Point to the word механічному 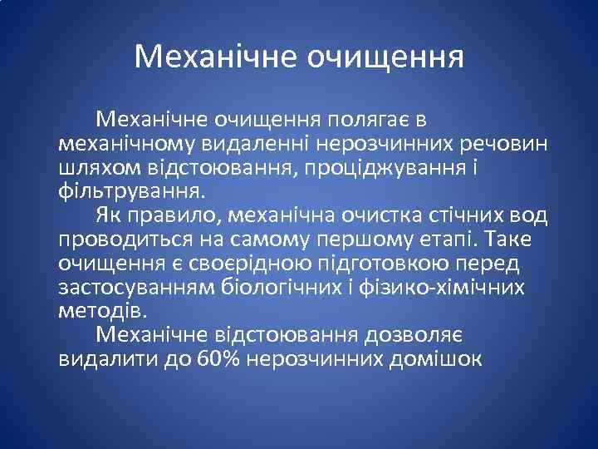click(x=125, y=143)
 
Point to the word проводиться click(x=124, y=239)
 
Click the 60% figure click(x=218, y=360)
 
